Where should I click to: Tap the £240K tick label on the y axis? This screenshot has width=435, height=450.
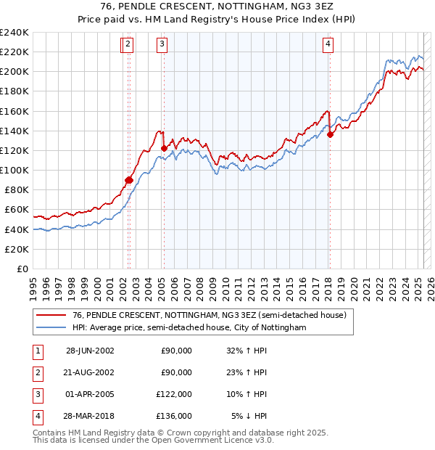[x=14, y=33]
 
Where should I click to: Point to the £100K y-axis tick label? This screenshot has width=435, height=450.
[x=14, y=170]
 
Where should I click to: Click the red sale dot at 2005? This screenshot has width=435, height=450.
[x=164, y=148]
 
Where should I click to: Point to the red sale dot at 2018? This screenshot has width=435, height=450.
[x=330, y=134]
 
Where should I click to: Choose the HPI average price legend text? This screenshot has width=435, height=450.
[x=189, y=328]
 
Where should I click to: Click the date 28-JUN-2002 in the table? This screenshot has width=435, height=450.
[x=90, y=351]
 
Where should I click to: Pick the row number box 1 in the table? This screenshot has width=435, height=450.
[x=36, y=351]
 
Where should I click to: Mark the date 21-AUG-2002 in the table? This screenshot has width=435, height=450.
[x=90, y=372]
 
